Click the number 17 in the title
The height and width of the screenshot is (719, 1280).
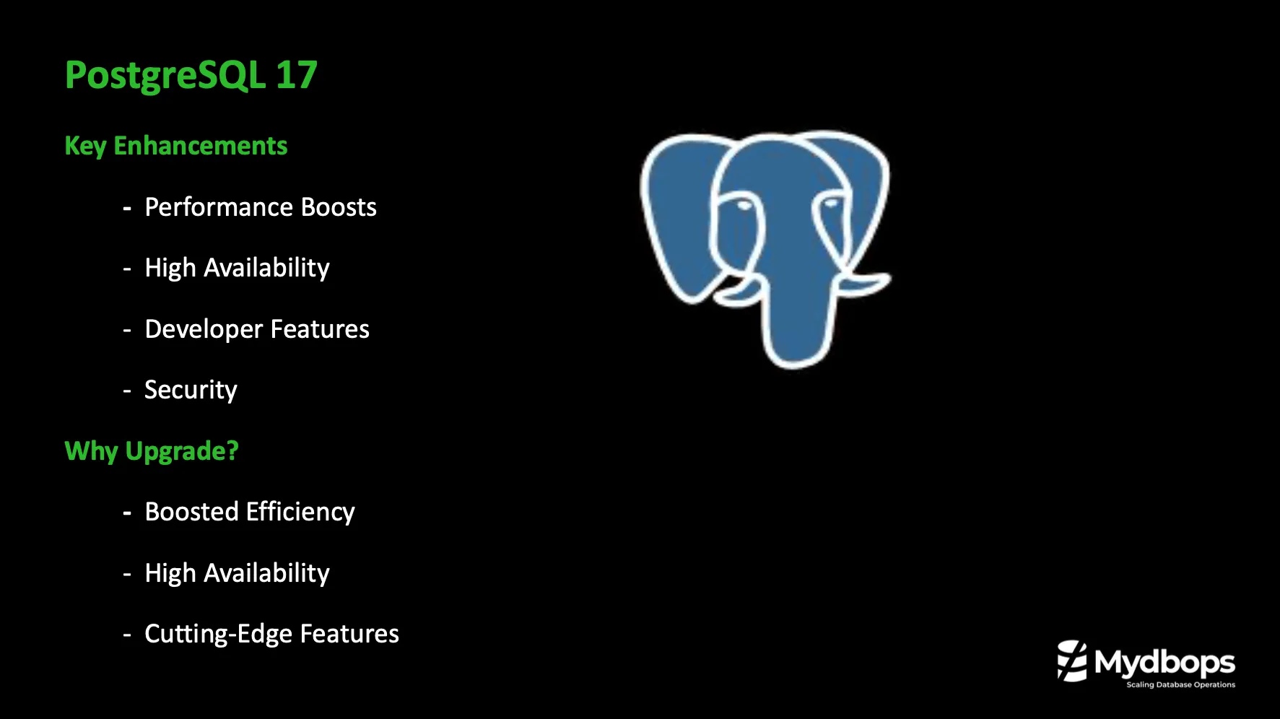[296, 75]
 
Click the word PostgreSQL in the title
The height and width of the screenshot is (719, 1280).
[165, 75]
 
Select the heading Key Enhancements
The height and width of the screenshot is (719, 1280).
[176, 146]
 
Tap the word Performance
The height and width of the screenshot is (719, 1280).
[219, 208]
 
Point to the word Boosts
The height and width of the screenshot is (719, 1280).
[339, 207]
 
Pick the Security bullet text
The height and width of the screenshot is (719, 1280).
[191, 391]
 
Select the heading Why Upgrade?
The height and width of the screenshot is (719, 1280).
[152, 451]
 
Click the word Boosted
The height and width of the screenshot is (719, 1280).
[191, 512]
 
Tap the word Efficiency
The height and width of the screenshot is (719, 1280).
[300, 513]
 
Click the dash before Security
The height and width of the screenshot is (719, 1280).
[127, 391]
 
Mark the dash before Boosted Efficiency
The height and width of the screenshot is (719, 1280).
[127, 513]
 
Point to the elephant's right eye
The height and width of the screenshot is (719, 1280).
[830, 204]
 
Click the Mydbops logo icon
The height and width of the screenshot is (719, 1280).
[1072, 661]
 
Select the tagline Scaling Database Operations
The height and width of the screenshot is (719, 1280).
[1180, 684]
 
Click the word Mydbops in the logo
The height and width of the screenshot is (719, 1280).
[1164, 662]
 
